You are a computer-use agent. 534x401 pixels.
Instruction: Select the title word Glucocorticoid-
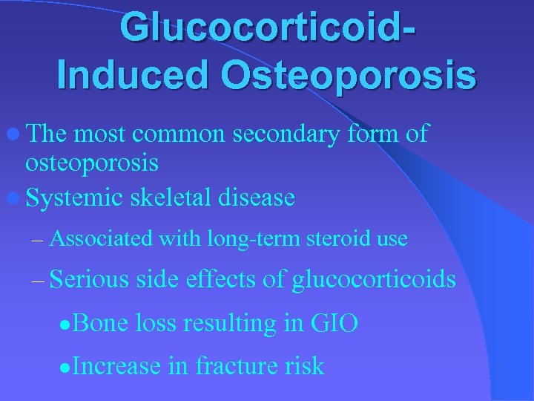268,27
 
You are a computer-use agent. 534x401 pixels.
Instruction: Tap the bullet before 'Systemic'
16,198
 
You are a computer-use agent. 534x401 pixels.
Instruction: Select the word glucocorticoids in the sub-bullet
374,280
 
